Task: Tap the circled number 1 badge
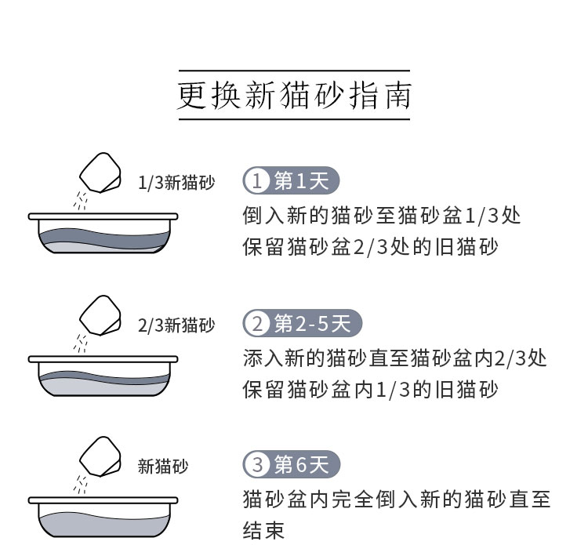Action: (256, 182)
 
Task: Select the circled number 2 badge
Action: (256, 323)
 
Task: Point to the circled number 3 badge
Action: (256, 464)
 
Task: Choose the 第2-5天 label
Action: (313, 323)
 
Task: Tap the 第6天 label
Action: (302, 464)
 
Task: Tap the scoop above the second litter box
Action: (101, 313)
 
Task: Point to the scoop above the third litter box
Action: (101, 454)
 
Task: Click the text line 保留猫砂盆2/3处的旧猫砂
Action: (371, 247)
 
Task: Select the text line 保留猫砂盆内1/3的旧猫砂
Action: (371, 390)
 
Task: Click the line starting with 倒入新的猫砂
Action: (382, 215)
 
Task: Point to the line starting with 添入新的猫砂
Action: (394, 358)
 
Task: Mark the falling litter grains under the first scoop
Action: (79, 201)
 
